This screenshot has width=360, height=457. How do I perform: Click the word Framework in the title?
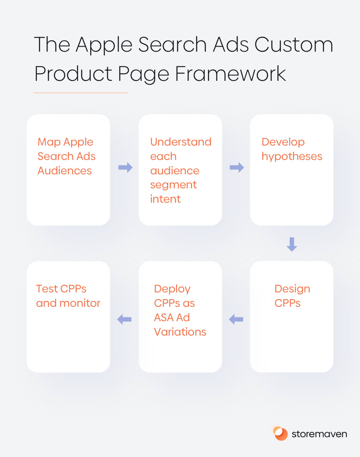pos(230,73)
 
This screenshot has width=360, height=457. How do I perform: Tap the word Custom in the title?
pos(294,44)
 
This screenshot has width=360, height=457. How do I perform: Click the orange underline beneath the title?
pos(81,93)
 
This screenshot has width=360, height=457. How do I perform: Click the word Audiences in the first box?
pos(64,171)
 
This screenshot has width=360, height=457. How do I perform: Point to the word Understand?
pos(180,142)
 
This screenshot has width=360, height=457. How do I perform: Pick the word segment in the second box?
pos(173,185)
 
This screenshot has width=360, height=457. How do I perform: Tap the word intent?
pos(165,199)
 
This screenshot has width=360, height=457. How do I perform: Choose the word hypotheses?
pos(292,157)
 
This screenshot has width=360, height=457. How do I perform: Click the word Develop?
pos(283,142)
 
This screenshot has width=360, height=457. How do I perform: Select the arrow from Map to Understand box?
pos(125,167)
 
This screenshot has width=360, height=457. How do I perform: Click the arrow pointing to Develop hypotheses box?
pos(237,167)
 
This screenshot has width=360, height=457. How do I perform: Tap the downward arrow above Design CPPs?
pos(292,244)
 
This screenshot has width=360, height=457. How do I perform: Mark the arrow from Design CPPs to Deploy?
pos(236,319)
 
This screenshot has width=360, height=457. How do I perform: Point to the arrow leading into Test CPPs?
pos(124,319)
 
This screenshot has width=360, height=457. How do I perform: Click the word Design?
pos(292,289)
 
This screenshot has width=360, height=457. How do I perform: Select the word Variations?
pos(180,332)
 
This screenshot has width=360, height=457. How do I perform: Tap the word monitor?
pos(80,303)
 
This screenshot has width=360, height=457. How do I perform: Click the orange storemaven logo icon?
pos(280,434)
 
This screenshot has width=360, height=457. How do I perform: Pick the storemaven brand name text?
pos(319,434)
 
